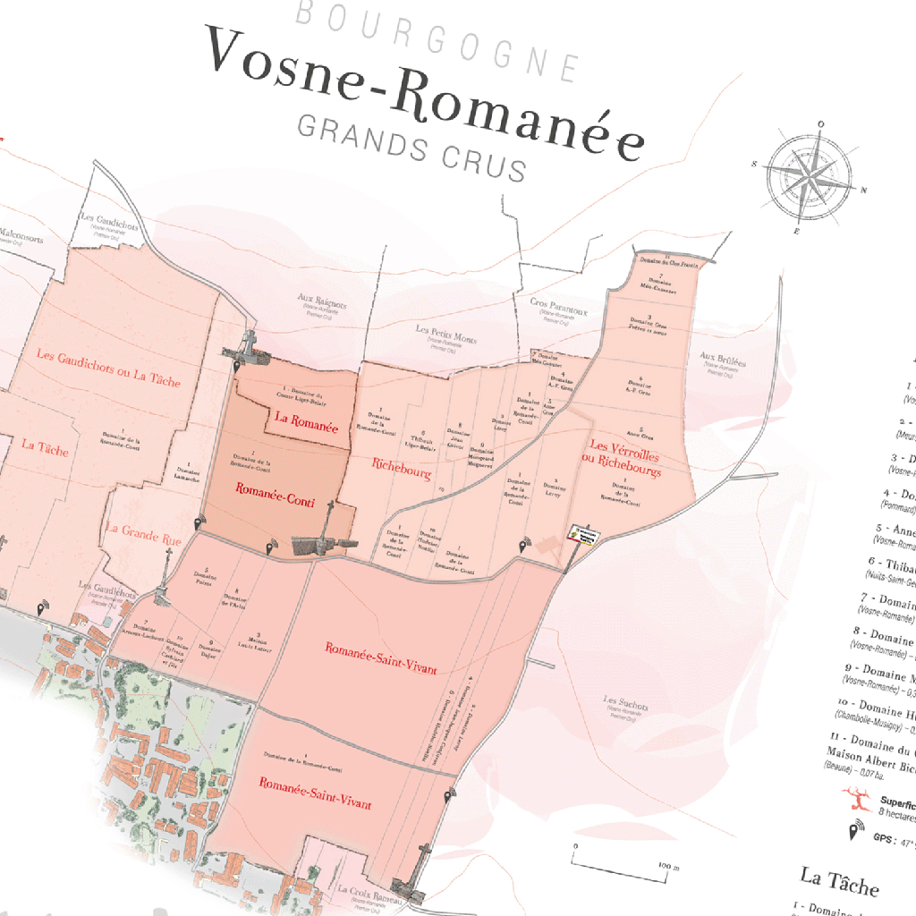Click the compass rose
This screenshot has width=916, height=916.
click(807, 178)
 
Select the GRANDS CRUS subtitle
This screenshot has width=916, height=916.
click(411, 147)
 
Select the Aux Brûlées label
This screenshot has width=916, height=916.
click(724, 361)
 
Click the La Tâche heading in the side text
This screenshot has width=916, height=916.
click(839, 880)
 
